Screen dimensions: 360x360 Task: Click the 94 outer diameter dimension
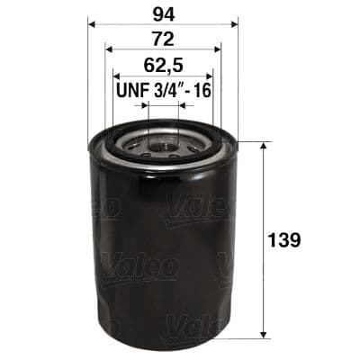(163, 13)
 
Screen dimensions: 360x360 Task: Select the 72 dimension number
(163, 39)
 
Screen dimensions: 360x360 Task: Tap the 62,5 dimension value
(163, 65)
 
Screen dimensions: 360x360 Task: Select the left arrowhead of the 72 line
(108, 50)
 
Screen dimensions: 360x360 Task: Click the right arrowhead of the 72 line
(219, 50)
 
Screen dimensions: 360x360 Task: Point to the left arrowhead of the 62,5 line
(116, 76)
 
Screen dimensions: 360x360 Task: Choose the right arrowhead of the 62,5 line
(211, 76)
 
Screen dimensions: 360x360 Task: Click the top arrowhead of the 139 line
(262, 145)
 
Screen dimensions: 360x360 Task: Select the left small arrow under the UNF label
(144, 104)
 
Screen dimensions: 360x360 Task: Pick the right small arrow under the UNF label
(183, 104)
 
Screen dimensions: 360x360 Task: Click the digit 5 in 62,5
(177, 65)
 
